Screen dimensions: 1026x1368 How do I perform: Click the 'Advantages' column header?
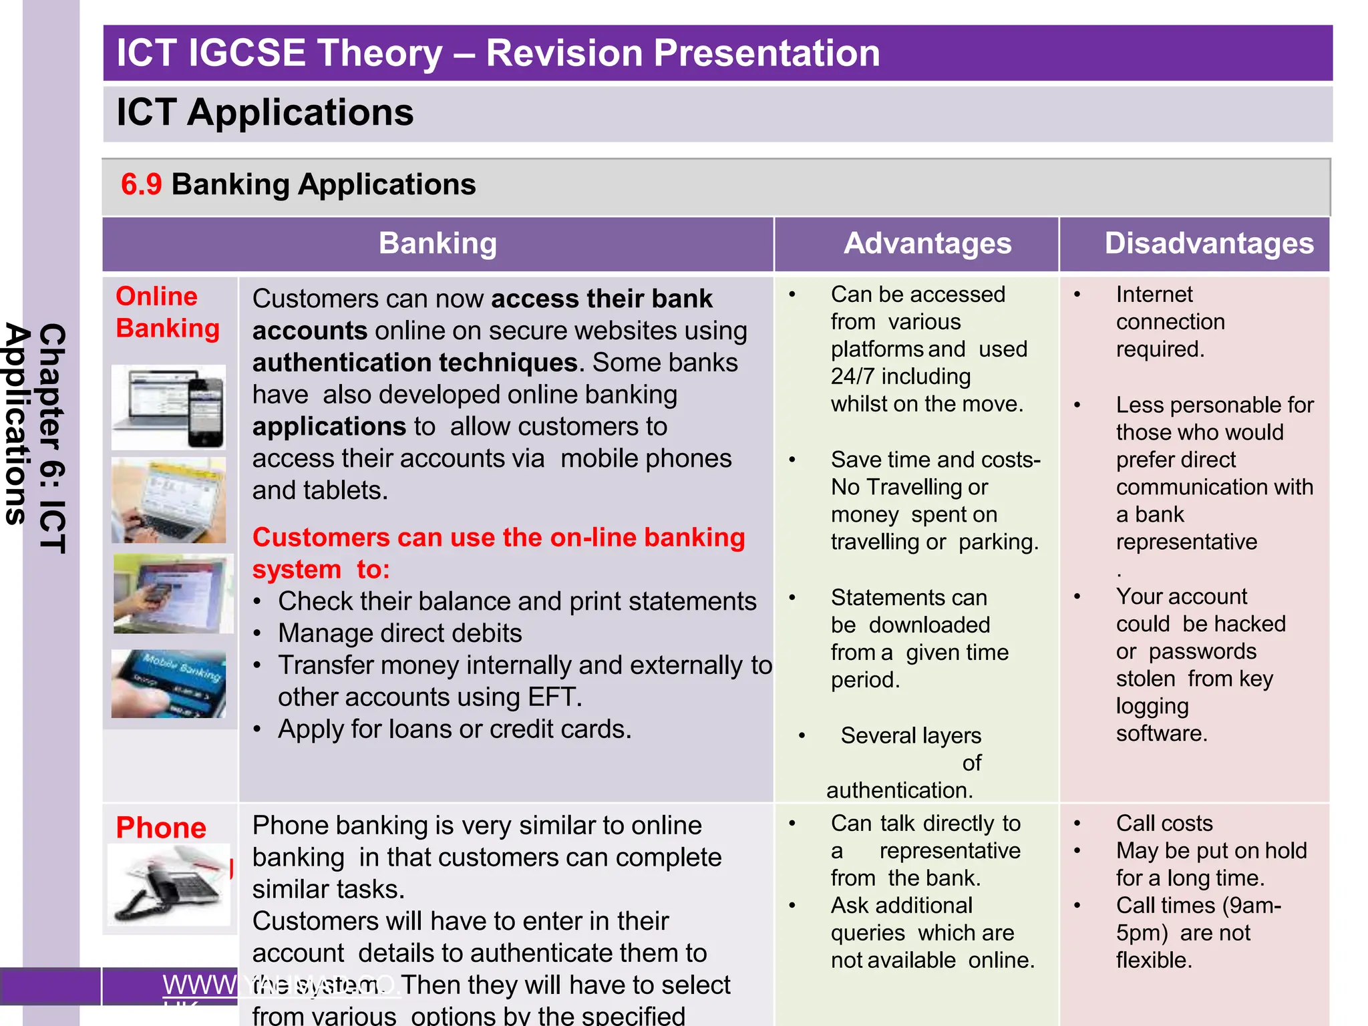point(927,243)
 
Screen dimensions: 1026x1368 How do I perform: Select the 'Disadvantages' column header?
point(1208,243)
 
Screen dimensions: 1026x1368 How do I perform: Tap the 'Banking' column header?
point(438,243)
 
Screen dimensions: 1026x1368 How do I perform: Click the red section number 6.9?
point(141,184)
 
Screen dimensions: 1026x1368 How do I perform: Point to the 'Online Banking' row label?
point(166,313)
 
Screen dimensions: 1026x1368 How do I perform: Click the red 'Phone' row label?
point(161,828)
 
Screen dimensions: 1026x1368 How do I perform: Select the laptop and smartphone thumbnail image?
point(168,407)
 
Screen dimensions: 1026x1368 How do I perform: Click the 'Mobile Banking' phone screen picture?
point(168,683)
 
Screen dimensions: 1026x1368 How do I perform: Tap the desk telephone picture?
point(168,884)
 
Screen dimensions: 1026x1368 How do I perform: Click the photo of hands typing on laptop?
point(168,500)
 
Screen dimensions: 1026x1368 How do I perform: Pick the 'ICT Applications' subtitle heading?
point(265,112)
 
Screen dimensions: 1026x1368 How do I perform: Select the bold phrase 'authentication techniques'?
point(414,363)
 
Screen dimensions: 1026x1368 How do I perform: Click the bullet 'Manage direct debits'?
point(399,633)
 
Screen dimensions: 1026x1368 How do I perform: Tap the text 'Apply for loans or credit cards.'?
point(454,729)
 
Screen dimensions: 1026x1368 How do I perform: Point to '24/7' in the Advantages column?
point(852,377)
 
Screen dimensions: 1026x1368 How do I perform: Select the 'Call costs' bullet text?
point(1164,824)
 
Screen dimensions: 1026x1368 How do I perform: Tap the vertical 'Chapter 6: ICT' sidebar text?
point(52,438)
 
